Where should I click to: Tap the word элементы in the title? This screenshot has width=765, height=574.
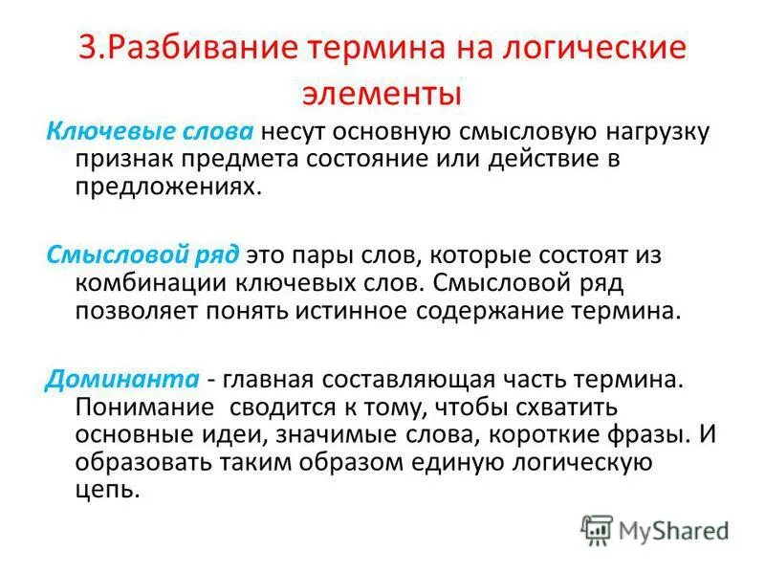[382, 94]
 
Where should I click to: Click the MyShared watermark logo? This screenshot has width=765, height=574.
[655, 527]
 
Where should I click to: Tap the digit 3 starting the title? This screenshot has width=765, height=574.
[88, 49]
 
